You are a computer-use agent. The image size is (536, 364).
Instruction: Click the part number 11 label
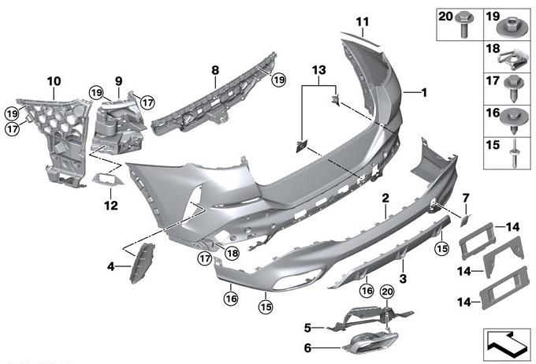(x=363, y=22)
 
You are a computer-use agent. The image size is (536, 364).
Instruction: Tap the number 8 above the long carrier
(x=215, y=70)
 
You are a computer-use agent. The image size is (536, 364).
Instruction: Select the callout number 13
(x=319, y=70)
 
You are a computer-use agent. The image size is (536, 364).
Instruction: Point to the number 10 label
(x=54, y=81)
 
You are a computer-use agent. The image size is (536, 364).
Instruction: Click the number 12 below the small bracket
(x=111, y=206)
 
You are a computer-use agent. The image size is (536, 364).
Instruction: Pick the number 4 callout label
(x=111, y=266)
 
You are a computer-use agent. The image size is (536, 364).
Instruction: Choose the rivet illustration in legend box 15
(x=514, y=154)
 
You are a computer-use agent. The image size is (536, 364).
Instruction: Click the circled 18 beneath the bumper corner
(x=232, y=253)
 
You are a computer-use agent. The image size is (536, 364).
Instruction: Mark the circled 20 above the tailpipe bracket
(x=387, y=292)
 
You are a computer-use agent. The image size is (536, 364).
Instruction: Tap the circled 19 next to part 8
(x=279, y=80)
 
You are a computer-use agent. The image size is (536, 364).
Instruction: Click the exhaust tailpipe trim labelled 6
(x=370, y=343)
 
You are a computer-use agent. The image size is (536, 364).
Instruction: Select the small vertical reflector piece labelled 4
(x=142, y=262)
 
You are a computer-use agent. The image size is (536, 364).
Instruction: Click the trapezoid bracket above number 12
(x=108, y=179)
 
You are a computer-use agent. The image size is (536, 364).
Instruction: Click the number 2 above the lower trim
(x=385, y=199)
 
